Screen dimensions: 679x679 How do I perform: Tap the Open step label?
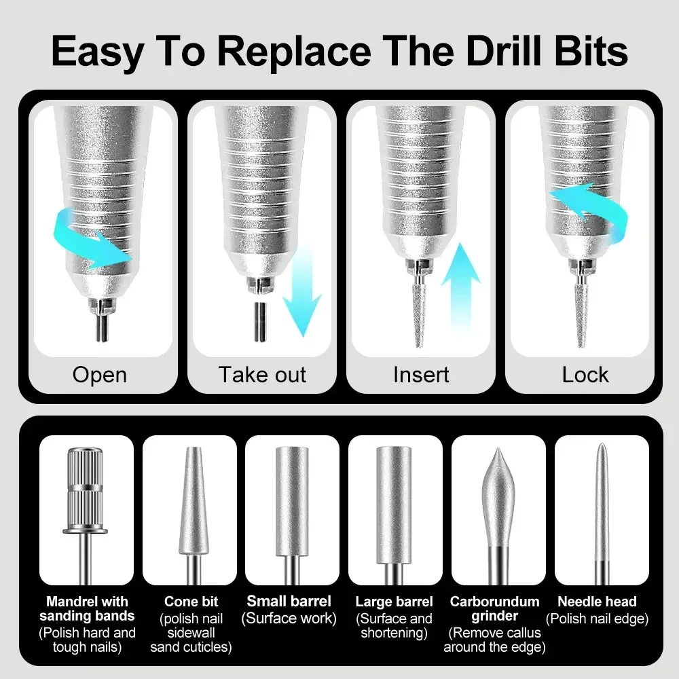[99, 374]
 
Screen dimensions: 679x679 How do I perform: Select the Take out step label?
[262, 374]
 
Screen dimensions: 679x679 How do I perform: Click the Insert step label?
[421, 374]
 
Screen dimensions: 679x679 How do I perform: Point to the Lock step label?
[585, 374]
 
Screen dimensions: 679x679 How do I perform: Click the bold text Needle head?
[597, 602]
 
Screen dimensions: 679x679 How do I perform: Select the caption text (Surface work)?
[289, 619]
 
